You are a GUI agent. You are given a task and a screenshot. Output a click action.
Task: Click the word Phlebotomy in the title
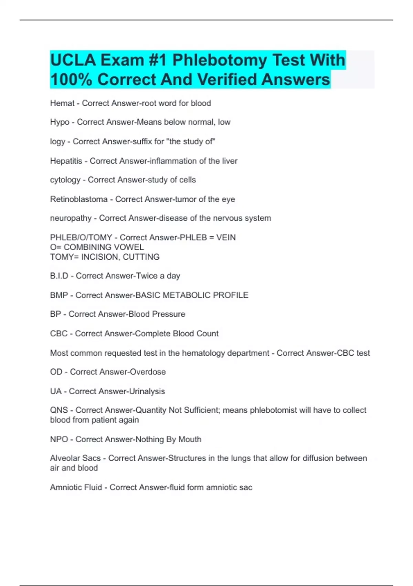(220, 60)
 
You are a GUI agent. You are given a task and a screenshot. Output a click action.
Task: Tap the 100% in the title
(71, 80)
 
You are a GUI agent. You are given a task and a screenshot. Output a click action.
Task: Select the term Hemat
(62, 103)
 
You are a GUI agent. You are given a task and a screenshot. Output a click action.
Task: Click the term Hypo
(60, 122)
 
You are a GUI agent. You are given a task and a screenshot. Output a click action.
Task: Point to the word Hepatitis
(66, 161)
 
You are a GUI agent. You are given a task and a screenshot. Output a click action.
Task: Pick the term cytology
(65, 180)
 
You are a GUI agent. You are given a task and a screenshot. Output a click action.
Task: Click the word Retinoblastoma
(79, 199)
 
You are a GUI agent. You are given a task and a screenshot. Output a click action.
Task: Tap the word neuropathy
(71, 218)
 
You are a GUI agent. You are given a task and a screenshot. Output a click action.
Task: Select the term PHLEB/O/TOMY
(81, 238)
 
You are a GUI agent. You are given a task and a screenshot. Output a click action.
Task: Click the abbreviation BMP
(59, 295)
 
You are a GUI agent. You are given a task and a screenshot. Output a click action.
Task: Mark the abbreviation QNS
(59, 410)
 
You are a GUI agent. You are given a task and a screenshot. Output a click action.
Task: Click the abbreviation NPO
(59, 439)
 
